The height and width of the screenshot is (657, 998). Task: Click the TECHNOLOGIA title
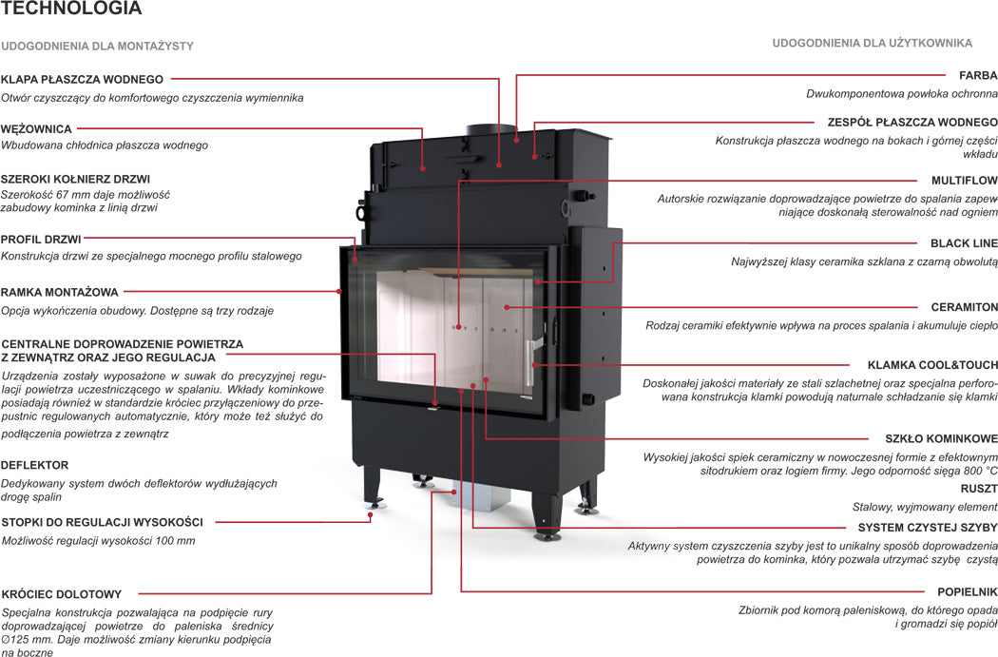pyautogui.click(x=72, y=10)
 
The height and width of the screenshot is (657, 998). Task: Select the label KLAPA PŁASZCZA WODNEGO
pyautogui.click(x=83, y=79)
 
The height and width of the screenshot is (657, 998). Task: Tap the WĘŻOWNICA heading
pyautogui.click(x=37, y=128)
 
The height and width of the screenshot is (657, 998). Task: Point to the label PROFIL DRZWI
pyautogui.click(x=41, y=239)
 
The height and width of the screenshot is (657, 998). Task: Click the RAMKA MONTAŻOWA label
pyautogui.click(x=60, y=292)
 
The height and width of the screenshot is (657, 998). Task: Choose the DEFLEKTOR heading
pyautogui.click(x=35, y=465)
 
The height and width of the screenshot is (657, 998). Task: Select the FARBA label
pyautogui.click(x=978, y=75)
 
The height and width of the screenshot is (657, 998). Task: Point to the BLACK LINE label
pyautogui.click(x=964, y=243)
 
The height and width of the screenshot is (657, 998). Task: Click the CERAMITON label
pyautogui.click(x=964, y=307)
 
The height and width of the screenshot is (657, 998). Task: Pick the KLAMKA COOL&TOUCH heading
pyautogui.click(x=932, y=365)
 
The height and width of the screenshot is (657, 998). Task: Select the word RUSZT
pyautogui.click(x=979, y=488)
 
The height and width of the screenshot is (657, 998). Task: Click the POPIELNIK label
pyautogui.click(x=968, y=590)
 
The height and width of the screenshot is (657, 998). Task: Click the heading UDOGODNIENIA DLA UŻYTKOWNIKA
pyautogui.click(x=872, y=43)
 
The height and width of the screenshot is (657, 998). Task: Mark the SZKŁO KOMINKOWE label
pyautogui.click(x=941, y=439)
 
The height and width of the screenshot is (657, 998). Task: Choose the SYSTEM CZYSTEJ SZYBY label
pyautogui.click(x=928, y=527)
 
